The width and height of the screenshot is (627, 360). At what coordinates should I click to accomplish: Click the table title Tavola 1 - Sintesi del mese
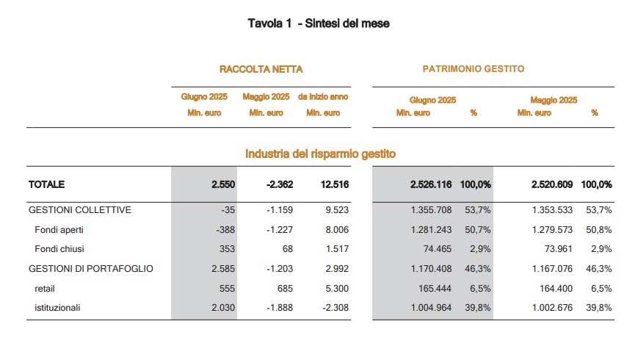319,24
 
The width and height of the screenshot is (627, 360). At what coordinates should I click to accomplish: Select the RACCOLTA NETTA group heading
261,69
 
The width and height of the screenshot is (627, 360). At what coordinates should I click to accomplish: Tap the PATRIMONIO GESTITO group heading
474,69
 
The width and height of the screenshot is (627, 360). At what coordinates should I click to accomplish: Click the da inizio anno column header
323,96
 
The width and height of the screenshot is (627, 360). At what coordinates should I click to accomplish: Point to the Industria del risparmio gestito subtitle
320,154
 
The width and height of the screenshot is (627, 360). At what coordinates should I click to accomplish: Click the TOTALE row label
46,184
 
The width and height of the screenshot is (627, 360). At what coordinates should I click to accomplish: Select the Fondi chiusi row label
59,249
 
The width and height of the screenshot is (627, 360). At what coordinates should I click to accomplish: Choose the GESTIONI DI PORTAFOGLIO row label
91,268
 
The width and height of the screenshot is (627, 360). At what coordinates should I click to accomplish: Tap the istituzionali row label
57,308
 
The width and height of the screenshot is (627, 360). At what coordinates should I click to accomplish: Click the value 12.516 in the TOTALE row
335,184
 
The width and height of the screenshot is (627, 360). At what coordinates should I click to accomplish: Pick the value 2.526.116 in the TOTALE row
431,184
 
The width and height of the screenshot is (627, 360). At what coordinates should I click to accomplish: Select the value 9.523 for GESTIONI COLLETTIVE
337,210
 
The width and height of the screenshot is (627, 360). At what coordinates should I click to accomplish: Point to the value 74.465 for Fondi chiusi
438,249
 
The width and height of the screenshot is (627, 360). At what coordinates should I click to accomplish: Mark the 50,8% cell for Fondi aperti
598,230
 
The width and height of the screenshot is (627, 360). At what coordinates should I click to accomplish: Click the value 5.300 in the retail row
337,289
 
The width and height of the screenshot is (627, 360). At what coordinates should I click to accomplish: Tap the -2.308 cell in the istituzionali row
336,308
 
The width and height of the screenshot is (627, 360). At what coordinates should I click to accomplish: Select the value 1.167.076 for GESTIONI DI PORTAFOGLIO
552,268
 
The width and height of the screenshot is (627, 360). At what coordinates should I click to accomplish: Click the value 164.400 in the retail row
557,289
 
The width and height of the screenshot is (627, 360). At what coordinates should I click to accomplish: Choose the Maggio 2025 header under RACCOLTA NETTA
266,96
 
